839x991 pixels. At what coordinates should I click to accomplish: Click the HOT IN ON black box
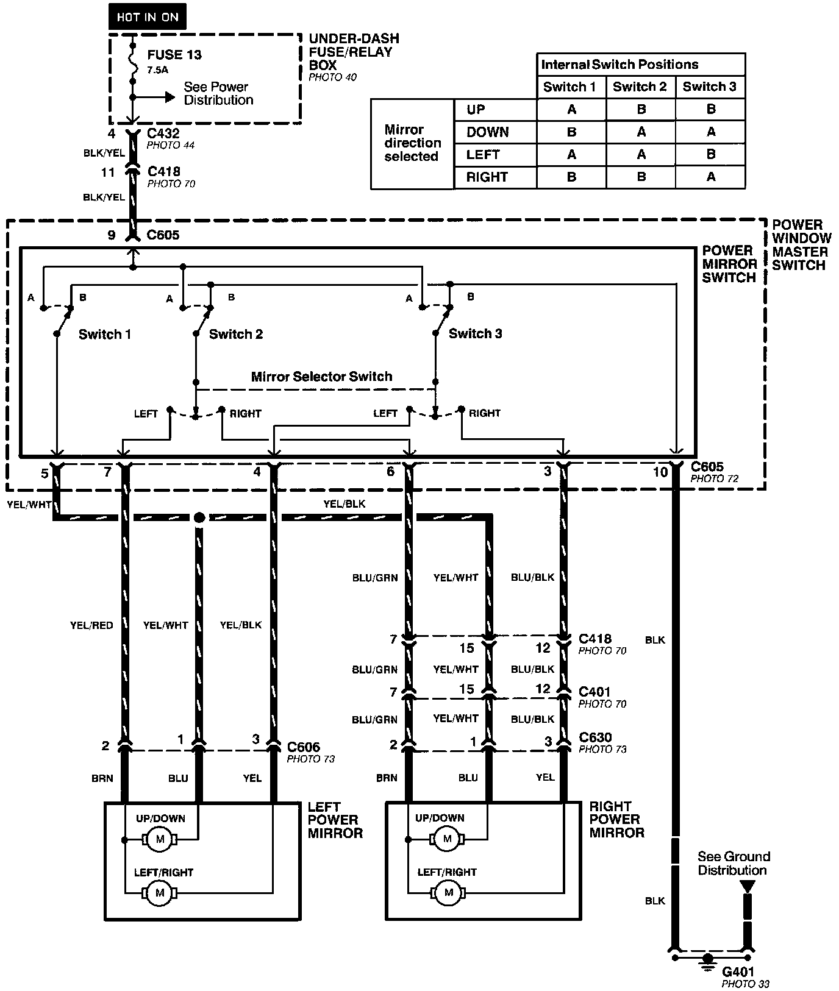[x=147, y=17]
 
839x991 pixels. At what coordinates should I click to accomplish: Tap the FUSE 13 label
[x=174, y=54]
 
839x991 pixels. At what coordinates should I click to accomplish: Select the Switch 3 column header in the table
[x=709, y=87]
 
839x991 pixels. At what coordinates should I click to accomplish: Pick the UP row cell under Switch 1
[x=571, y=110]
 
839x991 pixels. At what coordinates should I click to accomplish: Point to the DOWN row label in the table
[x=487, y=132]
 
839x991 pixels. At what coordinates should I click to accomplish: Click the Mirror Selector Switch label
[x=321, y=376]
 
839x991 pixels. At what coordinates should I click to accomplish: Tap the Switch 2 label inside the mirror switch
[x=235, y=334]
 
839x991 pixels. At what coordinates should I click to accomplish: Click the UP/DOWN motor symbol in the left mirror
[x=160, y=839]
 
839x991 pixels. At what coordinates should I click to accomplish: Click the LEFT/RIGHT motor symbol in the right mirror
[x=449, y=893]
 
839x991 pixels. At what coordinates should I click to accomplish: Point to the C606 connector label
[x=303, y=747]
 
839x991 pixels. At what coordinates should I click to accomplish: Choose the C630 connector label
[x=595, y=737]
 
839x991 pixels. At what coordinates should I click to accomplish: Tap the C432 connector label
[x=163, y=133]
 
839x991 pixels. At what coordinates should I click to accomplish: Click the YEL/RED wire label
[x=91, y=625]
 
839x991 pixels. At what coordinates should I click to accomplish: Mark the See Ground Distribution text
[x=734, y=863]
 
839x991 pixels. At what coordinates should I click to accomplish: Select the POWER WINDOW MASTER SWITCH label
[x=801, y=245]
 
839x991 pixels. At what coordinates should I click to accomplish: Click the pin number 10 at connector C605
[x=660, y=471]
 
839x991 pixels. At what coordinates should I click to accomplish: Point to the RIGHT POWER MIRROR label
[x=616, y=819]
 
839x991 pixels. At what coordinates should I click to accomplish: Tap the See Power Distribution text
[x=218, y=93]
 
